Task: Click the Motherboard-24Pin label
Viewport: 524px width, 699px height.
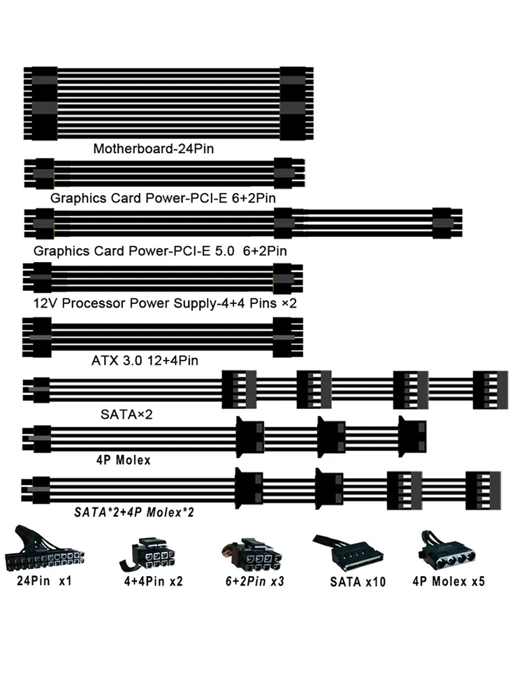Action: [x=153, y=148]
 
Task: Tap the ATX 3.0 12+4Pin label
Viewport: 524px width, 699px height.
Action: [x=145, y=360]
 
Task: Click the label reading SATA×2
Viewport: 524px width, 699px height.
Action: [x=126, y=415]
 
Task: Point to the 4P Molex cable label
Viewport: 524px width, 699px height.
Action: [x=124, y=460]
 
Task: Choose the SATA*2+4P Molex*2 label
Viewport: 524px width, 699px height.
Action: [x=133, y=512]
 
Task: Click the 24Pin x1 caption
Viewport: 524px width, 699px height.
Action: [x=44, y=581]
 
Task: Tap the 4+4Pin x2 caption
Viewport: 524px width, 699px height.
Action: [x=153, y=582]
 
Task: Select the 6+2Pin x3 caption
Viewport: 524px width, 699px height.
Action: [x=254, y=582]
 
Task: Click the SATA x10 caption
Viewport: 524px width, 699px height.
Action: [x=357, y=582]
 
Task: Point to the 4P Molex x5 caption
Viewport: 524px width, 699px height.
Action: [x=449, y=582]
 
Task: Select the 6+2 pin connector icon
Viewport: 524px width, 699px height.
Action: [x=252, y=554]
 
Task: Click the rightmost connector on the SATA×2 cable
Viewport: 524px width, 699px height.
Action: [x=490, y=389]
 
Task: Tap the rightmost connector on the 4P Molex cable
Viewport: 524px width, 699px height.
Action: [x=412, y=437]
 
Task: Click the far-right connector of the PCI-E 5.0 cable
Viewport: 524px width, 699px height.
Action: [x=447, y=222]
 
